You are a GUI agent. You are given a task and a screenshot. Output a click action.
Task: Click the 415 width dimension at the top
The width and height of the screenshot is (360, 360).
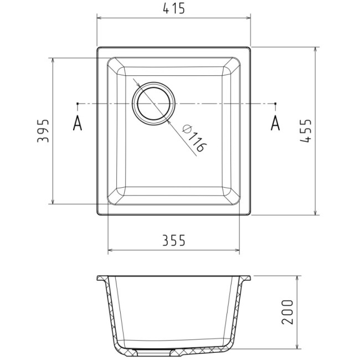(174, 9)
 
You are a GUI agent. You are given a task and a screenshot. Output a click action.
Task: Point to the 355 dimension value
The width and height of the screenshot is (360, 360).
(173, 240)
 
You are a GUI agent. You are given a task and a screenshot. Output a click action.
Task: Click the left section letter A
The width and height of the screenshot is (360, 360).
(78, 124)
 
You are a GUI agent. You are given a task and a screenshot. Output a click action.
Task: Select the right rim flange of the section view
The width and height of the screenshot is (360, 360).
(247, 277)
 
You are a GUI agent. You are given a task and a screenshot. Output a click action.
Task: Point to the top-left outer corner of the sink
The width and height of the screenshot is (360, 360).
(98, 48)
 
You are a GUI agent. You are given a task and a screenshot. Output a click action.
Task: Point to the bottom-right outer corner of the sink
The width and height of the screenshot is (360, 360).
(250, 214)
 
